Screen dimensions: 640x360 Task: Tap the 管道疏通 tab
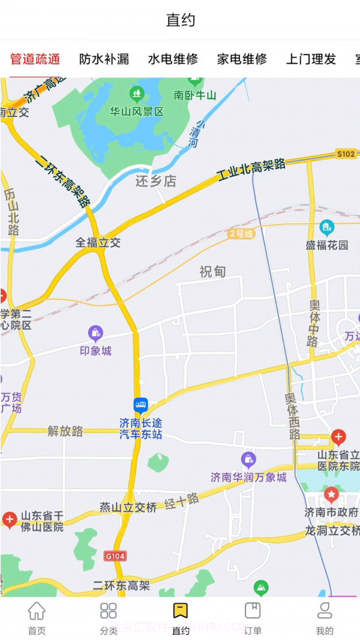tap(35, 59)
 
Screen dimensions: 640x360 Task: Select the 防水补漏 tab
tap(104, 59)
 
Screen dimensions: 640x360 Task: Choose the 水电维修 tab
tap(173, 59)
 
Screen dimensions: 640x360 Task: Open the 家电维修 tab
tap(242, 59)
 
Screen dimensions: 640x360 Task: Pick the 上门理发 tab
tap(311, 59)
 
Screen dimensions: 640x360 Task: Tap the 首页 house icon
tap(37, 611)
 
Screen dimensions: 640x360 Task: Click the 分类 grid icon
tap(109, 611)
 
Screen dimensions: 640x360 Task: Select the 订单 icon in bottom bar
tap(253, 611)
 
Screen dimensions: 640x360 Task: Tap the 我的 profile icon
tap(325, 611)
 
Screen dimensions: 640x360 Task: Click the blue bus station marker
tap(140, 405)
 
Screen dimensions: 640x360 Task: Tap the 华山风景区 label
tap(137, 112)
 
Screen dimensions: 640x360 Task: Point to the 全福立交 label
tap(98, 242)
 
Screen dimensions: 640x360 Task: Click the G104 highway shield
tap(115, 556)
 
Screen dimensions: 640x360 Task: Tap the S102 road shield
tap(346, 154)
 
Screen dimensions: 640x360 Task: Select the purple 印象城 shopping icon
tap(95, 333)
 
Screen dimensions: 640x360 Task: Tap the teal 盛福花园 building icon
tap(326, 227)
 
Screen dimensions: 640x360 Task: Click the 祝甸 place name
tap(212, 272)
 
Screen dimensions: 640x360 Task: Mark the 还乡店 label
tap(155, 181)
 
